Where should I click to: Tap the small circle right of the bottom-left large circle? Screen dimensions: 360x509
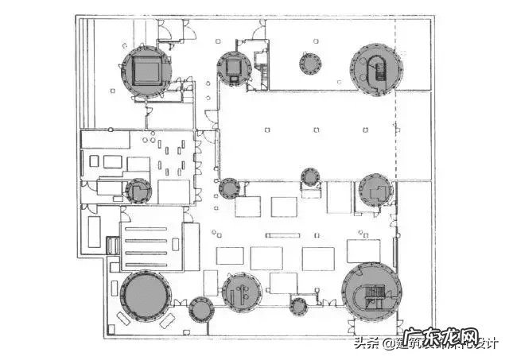point(202,308)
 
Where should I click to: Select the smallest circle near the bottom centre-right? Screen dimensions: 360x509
point(299,305)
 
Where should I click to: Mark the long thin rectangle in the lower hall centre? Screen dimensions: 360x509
point(285,234)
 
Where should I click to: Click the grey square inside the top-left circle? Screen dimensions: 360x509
point(146,72)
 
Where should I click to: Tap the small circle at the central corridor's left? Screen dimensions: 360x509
point(230,188)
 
